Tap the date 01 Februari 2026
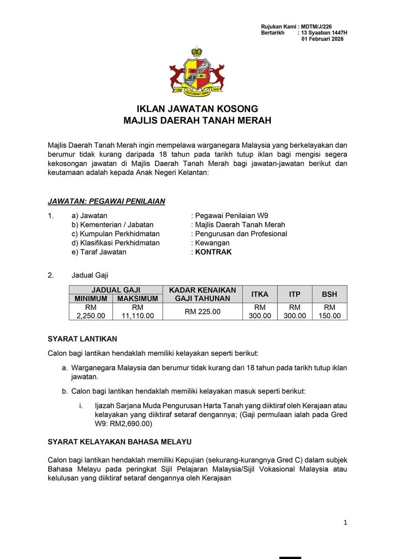click(x=322, y=39)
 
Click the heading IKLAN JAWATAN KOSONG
click(x=197, y=109)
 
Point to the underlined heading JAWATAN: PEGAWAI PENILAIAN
click(x=106, y=201)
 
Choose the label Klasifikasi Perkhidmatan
click(x=115, y=243)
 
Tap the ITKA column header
click(x=260, y=294)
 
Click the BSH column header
click(x=329, y=294)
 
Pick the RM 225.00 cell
click(x=202, y=311)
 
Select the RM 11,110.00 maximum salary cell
click(x=137, y=311)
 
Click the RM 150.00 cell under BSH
click(x=329, y=311)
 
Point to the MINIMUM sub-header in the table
click(x=91, y=298)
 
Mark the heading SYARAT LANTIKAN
click(x=82, y=339)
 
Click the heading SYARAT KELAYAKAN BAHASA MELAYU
click(x=119, y=442)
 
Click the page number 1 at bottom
click(x=345, y=522)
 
